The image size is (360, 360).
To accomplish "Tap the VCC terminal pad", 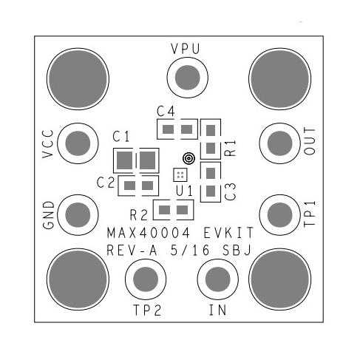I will (76, 140).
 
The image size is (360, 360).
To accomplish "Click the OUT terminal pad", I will (280, 141).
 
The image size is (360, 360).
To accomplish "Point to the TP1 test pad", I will (280, 214).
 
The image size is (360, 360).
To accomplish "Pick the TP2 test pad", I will (144, 279).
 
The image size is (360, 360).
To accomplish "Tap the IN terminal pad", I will (217, 279).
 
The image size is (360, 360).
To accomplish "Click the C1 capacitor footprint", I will (137, 159).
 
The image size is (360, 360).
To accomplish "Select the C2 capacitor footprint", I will (139, 186).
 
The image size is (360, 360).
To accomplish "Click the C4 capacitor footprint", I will (177, 131).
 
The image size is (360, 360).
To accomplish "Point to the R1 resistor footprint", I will (211, 139).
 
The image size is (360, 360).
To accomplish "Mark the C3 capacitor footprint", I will (211, 182).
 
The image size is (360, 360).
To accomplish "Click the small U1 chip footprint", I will (179, 174).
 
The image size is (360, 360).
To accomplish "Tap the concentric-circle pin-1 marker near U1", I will (188, 158).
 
